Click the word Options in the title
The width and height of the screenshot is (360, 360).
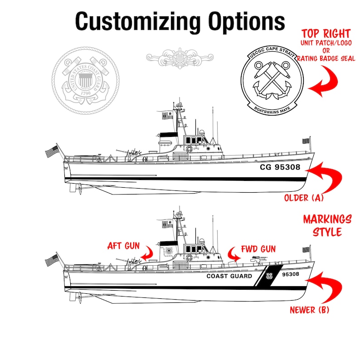point(246,21)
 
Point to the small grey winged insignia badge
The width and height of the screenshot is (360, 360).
point(180,57)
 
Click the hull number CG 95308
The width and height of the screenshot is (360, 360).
point(279,167)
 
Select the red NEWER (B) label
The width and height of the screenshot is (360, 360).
point(310,310)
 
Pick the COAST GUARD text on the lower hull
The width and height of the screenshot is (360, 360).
point(229,276)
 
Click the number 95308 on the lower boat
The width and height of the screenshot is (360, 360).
point(290,274)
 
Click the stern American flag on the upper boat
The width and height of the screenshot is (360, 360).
point(52,151)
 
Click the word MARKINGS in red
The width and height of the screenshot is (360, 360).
point(327,220)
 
